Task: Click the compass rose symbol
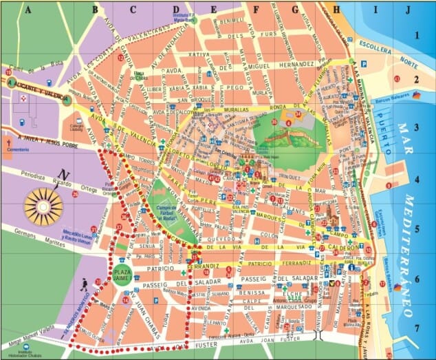click(x=43, y=205)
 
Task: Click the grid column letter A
click(x=28, y=10)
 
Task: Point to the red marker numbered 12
click(x=122, y=59)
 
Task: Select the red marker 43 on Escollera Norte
click(x=397, y=79)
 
